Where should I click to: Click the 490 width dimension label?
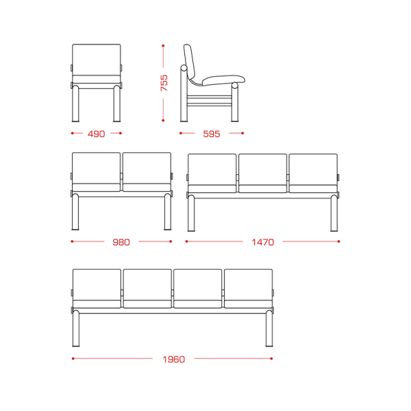[96, 134]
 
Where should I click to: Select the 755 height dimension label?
[164, 83]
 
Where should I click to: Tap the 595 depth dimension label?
[212, 134]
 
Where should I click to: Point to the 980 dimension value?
[121, 242]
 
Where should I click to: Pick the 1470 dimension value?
[262, 242]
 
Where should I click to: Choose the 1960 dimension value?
[173, 359]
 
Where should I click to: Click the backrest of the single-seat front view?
[97, 60]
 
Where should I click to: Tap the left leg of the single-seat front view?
[75, 103]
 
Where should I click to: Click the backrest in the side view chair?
[190, 63]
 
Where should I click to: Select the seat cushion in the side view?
[223, 80]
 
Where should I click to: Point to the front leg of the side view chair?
[235, 102]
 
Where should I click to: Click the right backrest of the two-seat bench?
[147, 168]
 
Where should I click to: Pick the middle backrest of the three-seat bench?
[262, 169]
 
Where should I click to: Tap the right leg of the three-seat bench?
[334, 213]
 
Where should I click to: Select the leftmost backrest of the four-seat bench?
[97, 285]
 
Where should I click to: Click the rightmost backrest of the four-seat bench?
[248, 285]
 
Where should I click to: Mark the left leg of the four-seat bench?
[76, 328]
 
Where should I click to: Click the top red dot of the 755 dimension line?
[163, 46]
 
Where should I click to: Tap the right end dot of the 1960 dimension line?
[271, 358]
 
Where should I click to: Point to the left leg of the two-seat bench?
[75, 212]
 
